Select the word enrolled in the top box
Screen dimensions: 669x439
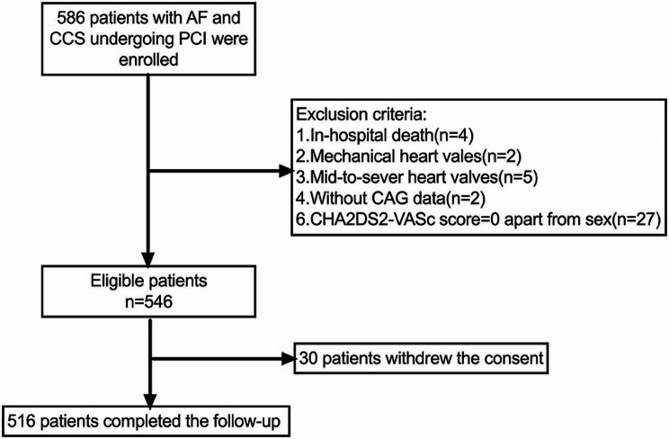(148, 59)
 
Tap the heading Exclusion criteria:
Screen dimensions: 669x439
(361, 114)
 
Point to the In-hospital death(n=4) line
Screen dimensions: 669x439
(385, 135)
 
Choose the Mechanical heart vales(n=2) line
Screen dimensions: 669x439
(409, 157)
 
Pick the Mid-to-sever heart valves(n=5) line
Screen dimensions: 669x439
(417, 177)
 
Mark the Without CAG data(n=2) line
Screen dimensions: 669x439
(391, 198)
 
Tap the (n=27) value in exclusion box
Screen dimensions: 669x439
(636, 219)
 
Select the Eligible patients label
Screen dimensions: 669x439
(149, 281)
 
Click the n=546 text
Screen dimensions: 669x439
(149, 302)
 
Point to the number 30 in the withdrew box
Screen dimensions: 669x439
(309, 358)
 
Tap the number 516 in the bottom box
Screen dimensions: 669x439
(22, 422)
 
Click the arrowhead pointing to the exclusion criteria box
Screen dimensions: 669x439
(285, 172)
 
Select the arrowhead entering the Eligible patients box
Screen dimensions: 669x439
(147, 260)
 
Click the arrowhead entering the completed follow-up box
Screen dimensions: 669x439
(150, 401)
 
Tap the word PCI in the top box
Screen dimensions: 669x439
(194, 39)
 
